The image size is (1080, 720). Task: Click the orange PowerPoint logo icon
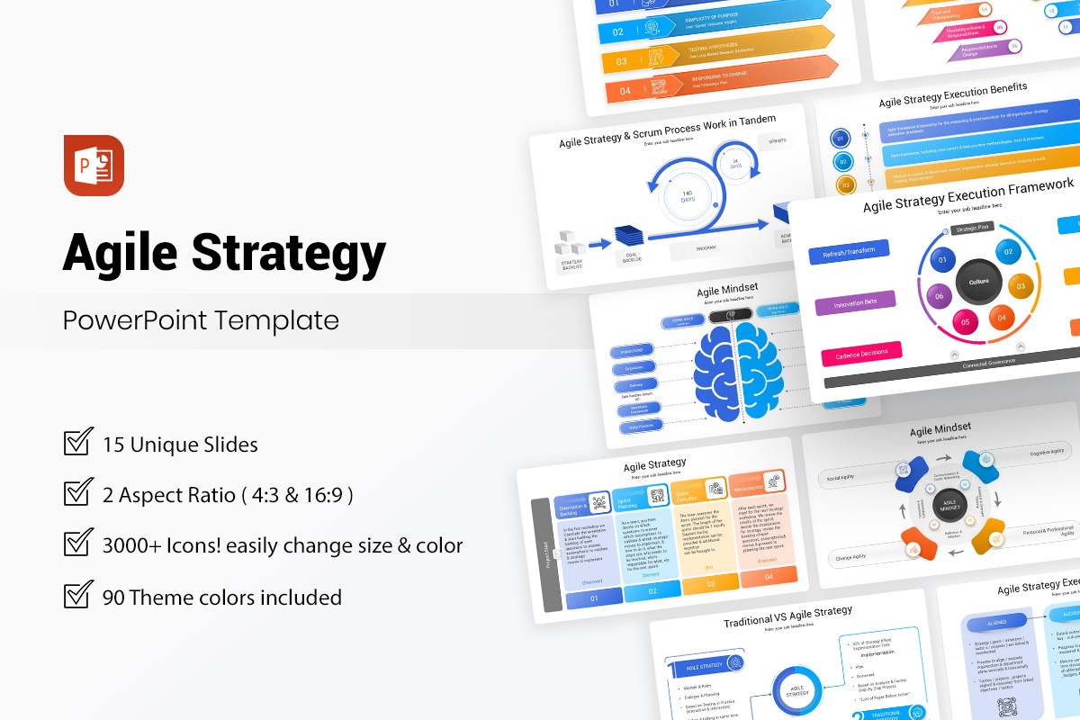(93, 166)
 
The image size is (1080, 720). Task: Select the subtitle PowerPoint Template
(201, 320)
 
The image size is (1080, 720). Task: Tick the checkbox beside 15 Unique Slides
(78, 443)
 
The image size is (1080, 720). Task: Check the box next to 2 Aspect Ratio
(78, 493)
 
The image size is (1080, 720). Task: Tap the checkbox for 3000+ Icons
(78, 544)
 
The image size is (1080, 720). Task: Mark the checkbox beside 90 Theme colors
(78, 596)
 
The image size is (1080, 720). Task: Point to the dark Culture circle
(979, 282)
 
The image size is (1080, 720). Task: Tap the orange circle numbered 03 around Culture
(1020, 287)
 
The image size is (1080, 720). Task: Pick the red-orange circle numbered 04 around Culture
(1002, 317)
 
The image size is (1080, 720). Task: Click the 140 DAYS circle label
(687, 197)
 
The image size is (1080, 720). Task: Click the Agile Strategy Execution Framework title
(967, 196)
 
